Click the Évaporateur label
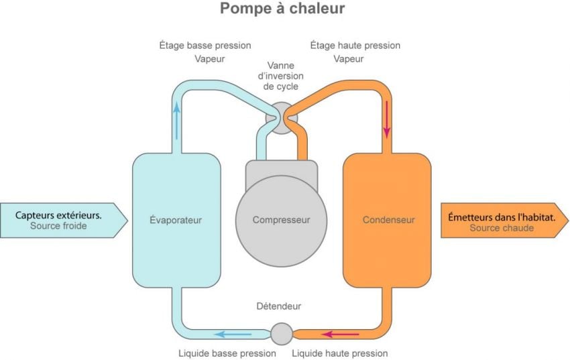click(x=176, y=220)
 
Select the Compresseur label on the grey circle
click(x=281, y=220)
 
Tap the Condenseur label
click(x=388, y=220)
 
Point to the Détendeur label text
click(x=279, y=306)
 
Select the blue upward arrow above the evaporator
click(x=177, y=121)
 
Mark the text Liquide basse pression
click(x=227, y=353)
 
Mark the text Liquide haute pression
click(x=339, y=353)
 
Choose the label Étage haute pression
click(x=355, y=46)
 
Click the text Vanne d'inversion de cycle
click(x=281, y=76)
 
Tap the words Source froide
click(x=58, y=227)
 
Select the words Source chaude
click(x=502, y=228)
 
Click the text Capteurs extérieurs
click(x=59, y=215)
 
